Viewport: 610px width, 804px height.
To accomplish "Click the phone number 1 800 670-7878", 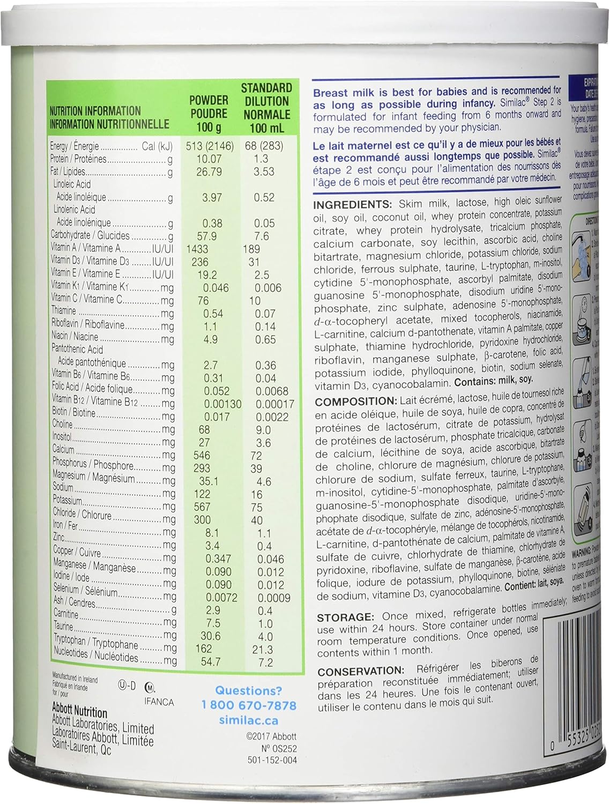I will coord(249,705).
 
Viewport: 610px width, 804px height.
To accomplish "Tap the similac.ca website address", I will coord(249,720).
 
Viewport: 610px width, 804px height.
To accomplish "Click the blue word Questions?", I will coord(248,691).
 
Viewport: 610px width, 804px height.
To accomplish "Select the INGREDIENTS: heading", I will coord(353,205).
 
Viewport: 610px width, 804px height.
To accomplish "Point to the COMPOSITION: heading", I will coord(356,401).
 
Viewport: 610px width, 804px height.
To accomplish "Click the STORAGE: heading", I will coord(345,617).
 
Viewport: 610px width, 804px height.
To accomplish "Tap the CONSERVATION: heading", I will coord(360,671).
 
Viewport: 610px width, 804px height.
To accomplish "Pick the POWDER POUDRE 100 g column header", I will coord(209,114).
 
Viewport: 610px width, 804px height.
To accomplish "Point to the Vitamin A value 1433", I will coord(197,249).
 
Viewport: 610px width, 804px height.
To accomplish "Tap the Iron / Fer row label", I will coord(65,526).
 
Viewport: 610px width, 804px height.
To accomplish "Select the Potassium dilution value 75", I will coord(257,507).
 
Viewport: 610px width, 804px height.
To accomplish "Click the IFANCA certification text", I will coord(159,702).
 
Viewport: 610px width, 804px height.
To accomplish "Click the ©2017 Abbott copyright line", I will coord(272,736).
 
